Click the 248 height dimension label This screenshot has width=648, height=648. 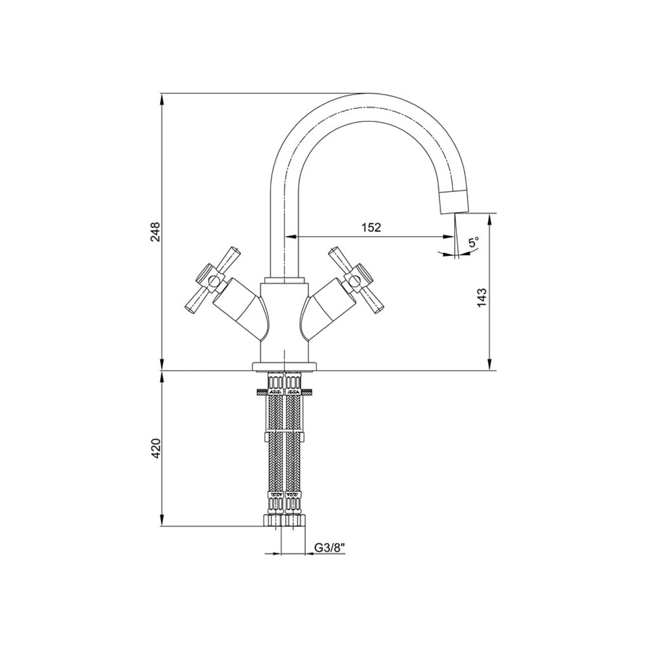click(155, 232)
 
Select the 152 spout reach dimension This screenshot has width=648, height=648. click(371, 227)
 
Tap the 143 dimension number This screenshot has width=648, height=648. click(482, 297)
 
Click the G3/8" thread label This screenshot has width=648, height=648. click(330, 548)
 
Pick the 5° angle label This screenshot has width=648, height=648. click(474, 242)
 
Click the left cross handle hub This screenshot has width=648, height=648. click(213, 282)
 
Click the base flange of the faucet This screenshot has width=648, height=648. click(284, 365)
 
